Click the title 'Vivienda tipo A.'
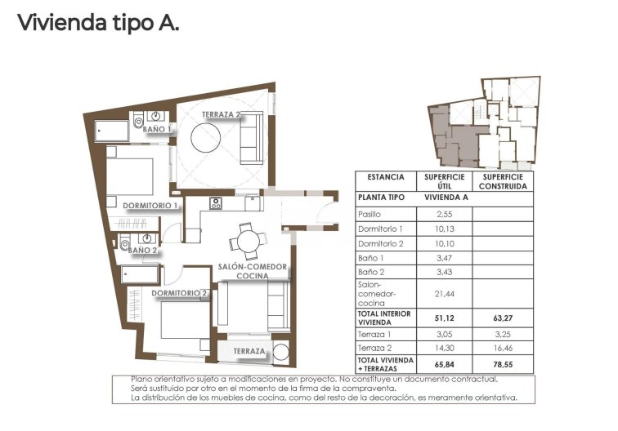coord(98,23)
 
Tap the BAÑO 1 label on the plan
coord(157,129)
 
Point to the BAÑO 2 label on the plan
coord(142,251)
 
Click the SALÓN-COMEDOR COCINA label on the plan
coord(252,272)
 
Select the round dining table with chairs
coord(246,239)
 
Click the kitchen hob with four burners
coord(216,203)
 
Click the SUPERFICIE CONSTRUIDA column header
coord(503,181)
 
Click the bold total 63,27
coord(503,318)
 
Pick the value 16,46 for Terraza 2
coord(503,347)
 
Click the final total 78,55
coord(503,364)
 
